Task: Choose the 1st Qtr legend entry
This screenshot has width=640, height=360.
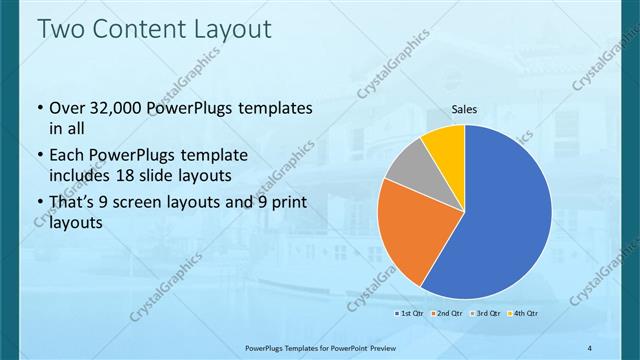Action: tap(410, 314)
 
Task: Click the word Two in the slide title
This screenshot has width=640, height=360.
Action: tap(60, 29)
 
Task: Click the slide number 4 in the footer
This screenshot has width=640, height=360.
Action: tap(591, 348)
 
